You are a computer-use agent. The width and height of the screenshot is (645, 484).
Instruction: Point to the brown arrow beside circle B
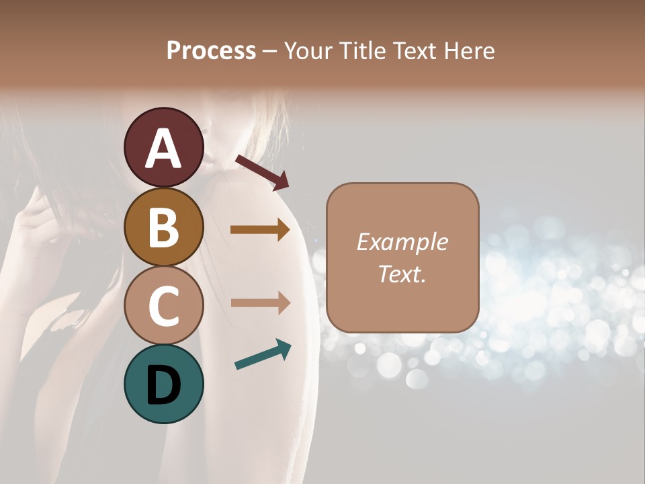(x=260, y=230)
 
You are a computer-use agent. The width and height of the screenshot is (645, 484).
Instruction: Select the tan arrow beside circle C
(x=260, y=302)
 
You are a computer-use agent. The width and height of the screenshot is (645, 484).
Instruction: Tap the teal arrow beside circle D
(x=263, y=354)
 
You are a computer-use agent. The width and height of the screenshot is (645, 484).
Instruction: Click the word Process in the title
(x=211, y=51)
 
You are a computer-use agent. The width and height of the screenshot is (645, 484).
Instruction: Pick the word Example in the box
(x=402, y=242)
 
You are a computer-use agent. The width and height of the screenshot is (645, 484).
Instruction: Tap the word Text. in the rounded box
(x=402, y=274)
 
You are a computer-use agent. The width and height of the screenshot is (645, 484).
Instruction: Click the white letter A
(x=164, y=149)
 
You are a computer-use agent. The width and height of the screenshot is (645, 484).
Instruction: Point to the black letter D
(x=164, y=385)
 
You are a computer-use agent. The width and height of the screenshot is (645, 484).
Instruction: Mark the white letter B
(x=164, y=227)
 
